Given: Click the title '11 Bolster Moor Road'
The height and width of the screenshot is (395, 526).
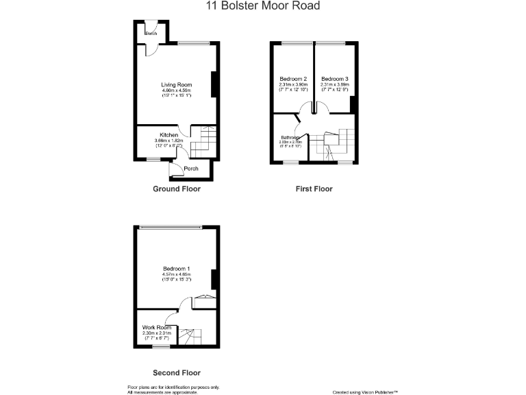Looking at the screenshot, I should (263, 6).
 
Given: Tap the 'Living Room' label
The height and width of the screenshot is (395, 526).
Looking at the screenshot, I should (176, 84).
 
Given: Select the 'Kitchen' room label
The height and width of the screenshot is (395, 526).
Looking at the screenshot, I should (169, 135).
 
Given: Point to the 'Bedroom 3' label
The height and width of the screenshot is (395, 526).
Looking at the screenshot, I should (334, 78).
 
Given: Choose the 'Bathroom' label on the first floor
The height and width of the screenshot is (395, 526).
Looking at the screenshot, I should (290, 137).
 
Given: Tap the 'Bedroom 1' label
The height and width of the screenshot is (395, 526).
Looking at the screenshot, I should (176, 268).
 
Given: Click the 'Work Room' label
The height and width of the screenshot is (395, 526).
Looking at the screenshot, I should (156, 328).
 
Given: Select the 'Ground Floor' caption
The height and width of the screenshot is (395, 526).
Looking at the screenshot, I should (177, 189).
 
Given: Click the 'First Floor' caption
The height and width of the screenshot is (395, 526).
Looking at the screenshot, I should (314, 189).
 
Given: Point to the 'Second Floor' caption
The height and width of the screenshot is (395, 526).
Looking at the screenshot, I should (177, 373).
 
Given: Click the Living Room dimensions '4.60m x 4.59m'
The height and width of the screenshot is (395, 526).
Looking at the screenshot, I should (176, 91).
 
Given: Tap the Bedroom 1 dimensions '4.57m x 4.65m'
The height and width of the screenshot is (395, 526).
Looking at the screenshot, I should (176, 274).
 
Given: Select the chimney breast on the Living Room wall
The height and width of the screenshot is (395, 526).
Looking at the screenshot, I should (215, 84).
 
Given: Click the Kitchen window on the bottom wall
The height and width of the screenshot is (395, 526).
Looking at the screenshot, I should (153, 160).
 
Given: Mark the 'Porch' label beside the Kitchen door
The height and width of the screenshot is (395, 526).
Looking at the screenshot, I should (191, 168).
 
